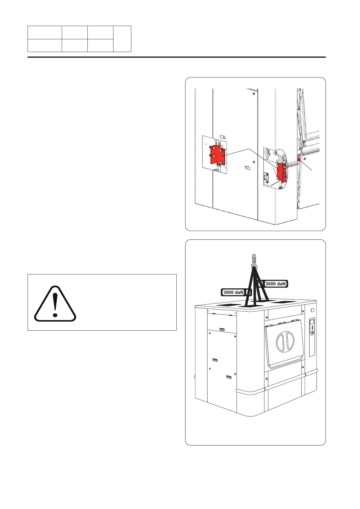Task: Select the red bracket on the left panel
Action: click(217, 155)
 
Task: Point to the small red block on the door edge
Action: click(299, 159)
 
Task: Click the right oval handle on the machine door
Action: click(289, 341)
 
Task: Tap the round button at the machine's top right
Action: click(313, 310)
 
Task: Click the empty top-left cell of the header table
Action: click(45, 32)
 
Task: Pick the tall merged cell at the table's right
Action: click(122, 39)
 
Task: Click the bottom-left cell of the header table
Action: click(45, 45)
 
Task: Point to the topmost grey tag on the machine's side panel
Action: click(222, 329)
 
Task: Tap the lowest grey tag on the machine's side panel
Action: click(229, 377)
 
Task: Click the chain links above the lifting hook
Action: click(254, 258)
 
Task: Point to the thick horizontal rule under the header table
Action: click(177, 57)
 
